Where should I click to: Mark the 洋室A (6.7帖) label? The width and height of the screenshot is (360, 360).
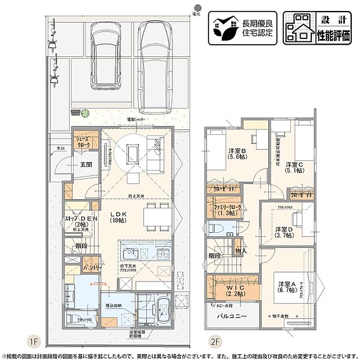pyautogui.click(x=287, y=287)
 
